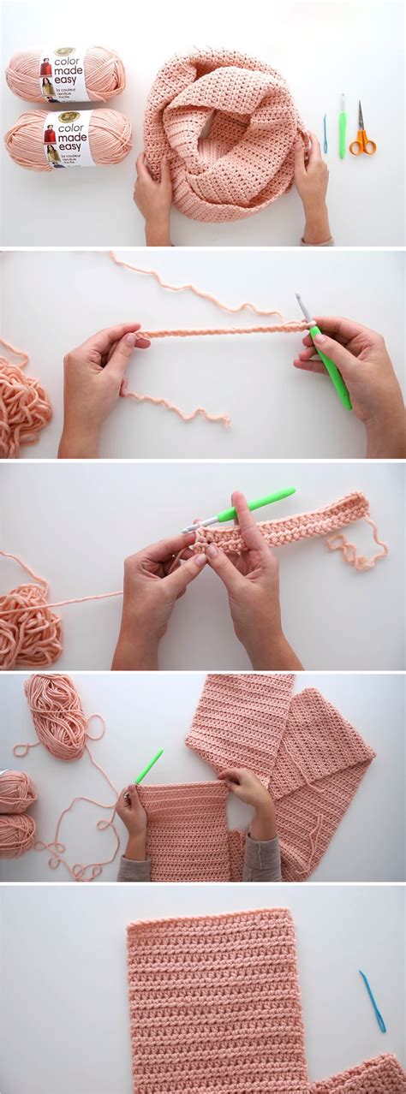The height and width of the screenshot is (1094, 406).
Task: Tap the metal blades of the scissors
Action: click(361, 116)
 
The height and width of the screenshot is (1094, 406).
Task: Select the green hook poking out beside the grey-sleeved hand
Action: click(148, 765)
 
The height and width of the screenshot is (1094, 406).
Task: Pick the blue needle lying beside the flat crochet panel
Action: click(372, 1000)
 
